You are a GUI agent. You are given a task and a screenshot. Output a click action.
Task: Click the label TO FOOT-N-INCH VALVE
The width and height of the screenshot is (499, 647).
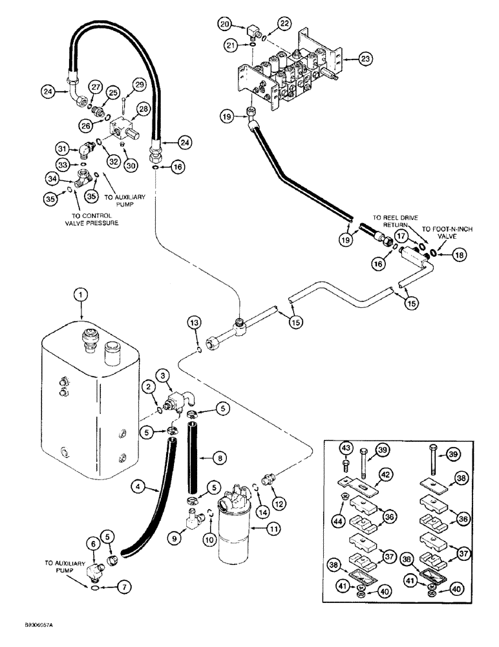(x=444, y=232)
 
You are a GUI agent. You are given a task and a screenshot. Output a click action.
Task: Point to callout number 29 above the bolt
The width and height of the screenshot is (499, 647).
(x=139, y=83)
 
